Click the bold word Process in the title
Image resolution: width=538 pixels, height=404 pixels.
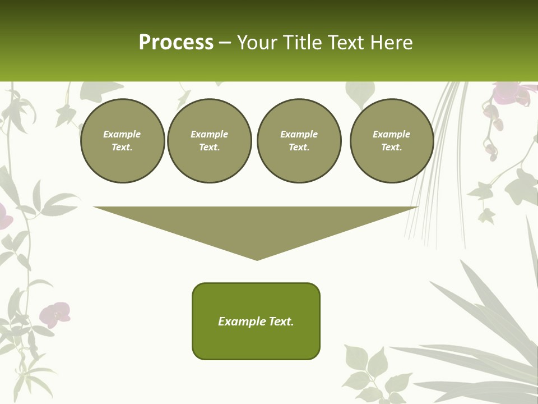pyautogui.click(x=176, y=43)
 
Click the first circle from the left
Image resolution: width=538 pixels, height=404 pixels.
pyautogui.click(x=122, y=141)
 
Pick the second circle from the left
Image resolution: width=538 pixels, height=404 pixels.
pyautogui.click(x=210, y=141)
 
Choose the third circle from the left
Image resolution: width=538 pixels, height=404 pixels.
pyautogui.click(x=299, y=141)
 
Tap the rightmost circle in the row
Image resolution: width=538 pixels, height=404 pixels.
pyautogui.click(x=392, y=141)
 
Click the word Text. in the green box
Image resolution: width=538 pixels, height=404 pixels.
pyautogui.click(x=282, y=322)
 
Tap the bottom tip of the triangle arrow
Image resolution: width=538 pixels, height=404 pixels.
pyautogui.click(x=257, y=259)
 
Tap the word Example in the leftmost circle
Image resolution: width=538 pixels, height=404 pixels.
pyautogui.click(x=122, y=134)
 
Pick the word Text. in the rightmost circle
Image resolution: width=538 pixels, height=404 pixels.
pyautogui.click(x=392, y=148)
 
